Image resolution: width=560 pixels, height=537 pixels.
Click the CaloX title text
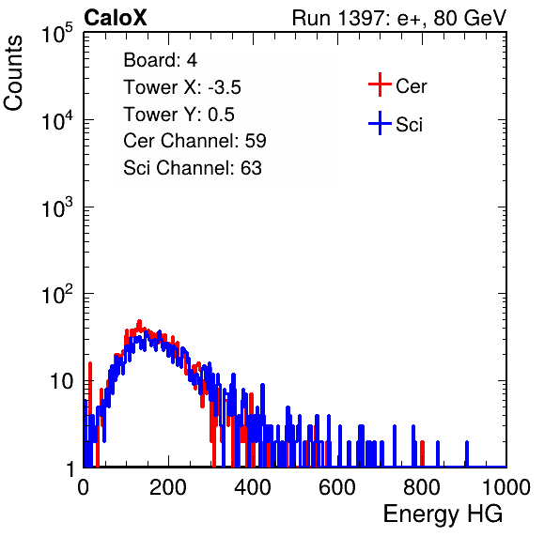pos(116,18)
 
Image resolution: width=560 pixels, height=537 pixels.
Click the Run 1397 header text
pos(399,18)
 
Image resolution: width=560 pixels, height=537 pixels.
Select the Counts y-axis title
pos(13,73)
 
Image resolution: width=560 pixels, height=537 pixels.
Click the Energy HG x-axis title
pos(443,514)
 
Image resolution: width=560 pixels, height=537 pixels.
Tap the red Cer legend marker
pos(380,84)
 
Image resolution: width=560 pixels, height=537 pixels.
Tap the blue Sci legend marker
pos(380,124)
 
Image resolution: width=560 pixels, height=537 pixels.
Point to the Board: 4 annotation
pos(160,60)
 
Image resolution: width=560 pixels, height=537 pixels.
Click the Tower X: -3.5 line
pos(182,87)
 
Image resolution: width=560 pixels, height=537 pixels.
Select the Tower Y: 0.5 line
pos(179,115)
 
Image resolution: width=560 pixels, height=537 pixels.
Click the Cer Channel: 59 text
pos(194,141)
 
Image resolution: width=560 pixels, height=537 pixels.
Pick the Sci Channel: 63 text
pos(193,168)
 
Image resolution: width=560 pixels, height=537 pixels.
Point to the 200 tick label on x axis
pos(168,487)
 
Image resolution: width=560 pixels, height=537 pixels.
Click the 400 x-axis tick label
pos(253,487)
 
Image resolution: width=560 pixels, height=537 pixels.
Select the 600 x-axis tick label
pos(337,487)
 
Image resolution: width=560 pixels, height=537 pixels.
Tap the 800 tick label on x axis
pos(422,487)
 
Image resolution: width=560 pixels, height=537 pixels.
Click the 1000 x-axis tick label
pos(506,487)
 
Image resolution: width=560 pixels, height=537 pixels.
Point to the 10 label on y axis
pos(62,381)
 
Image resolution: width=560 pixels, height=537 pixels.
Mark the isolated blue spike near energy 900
pos(466,453)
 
